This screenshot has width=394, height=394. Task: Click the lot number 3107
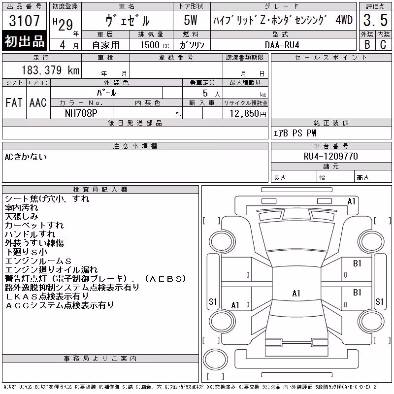coord(24,21)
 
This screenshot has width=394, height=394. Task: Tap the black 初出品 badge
coord(24,41)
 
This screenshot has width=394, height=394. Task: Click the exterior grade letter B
coord(367,44)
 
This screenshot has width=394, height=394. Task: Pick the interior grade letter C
coord(383,44)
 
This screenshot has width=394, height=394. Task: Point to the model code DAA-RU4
coord(282,45)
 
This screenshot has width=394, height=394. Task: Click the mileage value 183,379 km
coord(50,70)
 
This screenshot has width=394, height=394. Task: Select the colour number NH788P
coord(81,113)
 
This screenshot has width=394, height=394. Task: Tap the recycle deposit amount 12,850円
coord(248,114)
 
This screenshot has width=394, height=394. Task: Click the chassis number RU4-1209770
coord(330,156)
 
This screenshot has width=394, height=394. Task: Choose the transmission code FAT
coord(14,102)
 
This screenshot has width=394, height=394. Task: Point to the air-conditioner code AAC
coord(38,102)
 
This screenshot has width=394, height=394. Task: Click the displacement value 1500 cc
coord(155,45)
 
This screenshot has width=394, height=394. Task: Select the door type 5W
coord(191,20)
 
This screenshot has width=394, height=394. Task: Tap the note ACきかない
coord(26,157)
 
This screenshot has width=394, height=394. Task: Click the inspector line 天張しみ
coord(21,216)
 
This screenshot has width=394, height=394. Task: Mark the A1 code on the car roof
coord(296,293)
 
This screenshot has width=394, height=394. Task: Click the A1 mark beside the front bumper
coord(351,201)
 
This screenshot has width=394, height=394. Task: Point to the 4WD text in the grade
coord(344,20)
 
